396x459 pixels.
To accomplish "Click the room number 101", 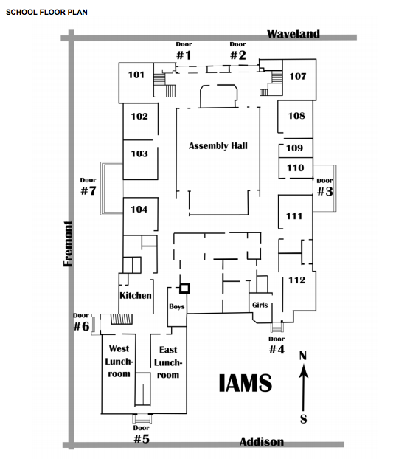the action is point(136,75).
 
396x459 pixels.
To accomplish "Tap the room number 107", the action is point(298,77).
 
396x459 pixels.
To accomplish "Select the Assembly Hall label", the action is point(218,146).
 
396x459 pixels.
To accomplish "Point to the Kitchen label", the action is point(136,295).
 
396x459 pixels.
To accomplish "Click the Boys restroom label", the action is point(177,306).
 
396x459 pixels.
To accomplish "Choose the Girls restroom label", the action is point(260,305).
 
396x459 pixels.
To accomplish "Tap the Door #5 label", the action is point(142,435).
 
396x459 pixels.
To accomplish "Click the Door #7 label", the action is point(88,186).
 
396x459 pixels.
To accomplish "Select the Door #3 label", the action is point(325,187).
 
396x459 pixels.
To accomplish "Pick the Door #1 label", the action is point(184,51).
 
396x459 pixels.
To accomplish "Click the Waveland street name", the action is point(293,34).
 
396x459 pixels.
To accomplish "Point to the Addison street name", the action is point(262,441).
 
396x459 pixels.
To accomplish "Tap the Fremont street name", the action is point(68,244).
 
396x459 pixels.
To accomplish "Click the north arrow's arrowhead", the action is point(304,370).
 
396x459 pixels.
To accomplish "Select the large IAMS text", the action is point(246,383).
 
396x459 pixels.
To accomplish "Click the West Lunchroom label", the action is point(119,362).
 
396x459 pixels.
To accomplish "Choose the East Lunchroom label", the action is point(168,362).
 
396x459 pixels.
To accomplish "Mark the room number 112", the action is point(297,280).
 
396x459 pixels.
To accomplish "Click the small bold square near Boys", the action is point(184,289).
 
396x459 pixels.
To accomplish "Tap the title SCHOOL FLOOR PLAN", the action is point(46,13).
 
